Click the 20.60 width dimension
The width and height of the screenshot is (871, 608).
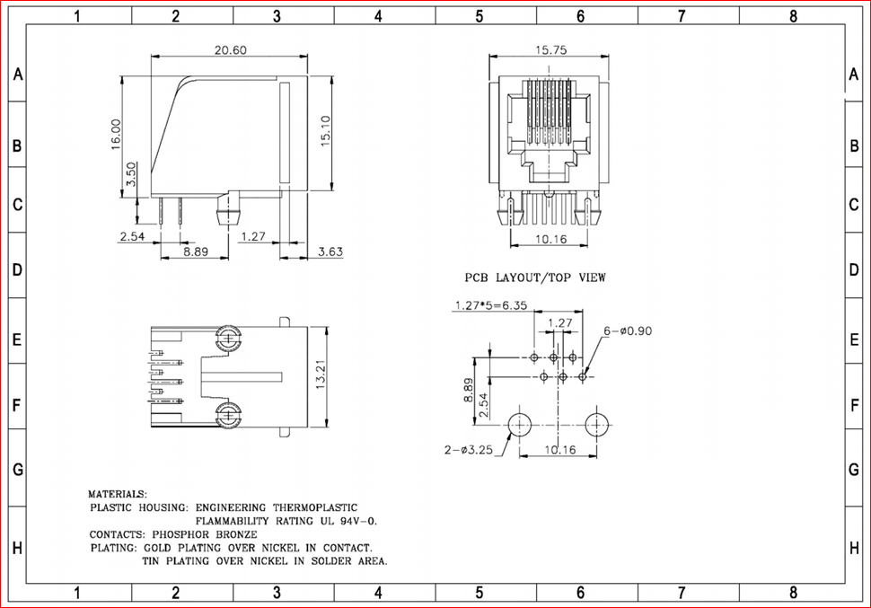tap(230, 50)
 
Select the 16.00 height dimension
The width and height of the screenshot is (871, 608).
tap(117, 136)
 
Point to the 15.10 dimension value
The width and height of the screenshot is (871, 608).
tap(326, 131)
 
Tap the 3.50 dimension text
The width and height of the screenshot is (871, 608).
tap(132, 174)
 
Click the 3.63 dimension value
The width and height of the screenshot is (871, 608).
tap(330, 252)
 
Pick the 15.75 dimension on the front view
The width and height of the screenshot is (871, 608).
tap(550, 50)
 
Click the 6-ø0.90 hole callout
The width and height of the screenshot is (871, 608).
tap(628, 330)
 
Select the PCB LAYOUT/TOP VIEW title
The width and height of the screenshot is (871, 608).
tap(535, 278)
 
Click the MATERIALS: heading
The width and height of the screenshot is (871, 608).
tap(118, 494)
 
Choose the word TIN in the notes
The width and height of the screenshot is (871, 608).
tap(154, 560)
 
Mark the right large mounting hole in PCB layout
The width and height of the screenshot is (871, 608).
tap(596, 424)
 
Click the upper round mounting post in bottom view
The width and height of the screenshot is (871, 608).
tap(229, 340)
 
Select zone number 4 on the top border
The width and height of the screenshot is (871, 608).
tap(378, 15)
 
